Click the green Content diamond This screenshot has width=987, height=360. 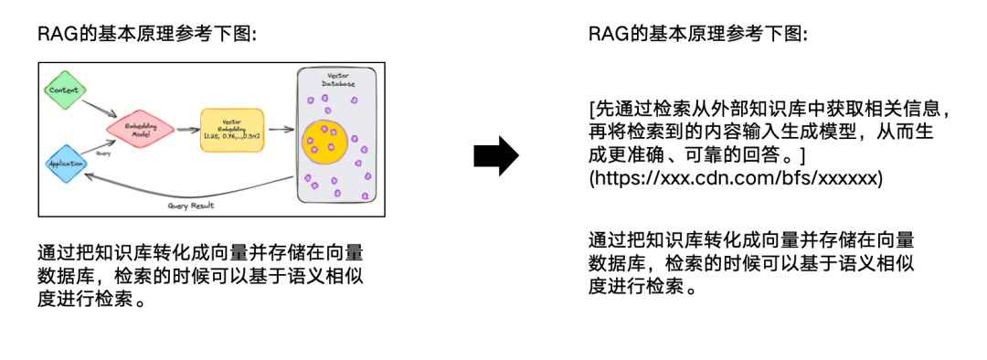pyautogui.click(x=64, y=90)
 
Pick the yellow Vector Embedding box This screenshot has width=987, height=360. pyautogui.click(x=231, y=131)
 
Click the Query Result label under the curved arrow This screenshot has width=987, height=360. pyautogui.click(x=191, y=206)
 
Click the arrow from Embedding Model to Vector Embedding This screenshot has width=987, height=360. pyautogui.click(x=186, y=132)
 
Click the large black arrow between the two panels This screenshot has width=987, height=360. pyautogui.click(x=495, y=157)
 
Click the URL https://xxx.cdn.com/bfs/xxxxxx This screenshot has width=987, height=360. pyautogui.click(x=736, y=178)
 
